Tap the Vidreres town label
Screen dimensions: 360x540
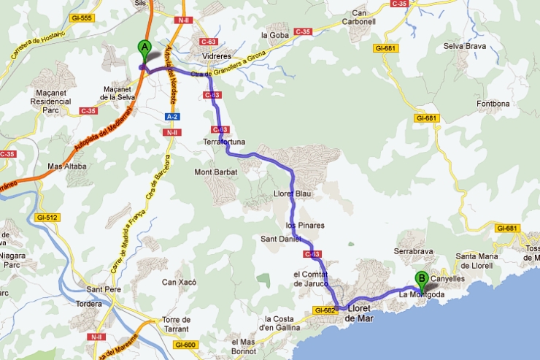click(215, 56)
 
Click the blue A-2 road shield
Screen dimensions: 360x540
click(172, 117)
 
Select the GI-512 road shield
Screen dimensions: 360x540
click(47, 218)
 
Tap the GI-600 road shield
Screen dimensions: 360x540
click(186, 345)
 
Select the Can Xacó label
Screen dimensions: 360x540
click(179, 282)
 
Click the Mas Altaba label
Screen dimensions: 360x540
click(66, 166)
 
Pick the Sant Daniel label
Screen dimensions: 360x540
click(280, 239)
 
